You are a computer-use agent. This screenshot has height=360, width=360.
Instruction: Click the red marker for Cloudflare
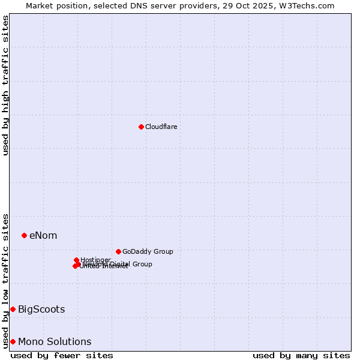point(141,127)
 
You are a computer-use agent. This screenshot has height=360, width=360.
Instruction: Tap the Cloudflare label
point(161,127)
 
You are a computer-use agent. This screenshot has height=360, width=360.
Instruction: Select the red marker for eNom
point(24,235)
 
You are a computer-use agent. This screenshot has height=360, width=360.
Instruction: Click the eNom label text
point(43,235)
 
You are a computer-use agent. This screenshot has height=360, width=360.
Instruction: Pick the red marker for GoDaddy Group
point(118,251)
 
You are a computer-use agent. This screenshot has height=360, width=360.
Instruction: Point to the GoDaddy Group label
point(147,251)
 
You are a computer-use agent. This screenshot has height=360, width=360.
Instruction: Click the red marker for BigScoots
point(13,309)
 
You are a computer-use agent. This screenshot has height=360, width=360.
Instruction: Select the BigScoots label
point(41,310)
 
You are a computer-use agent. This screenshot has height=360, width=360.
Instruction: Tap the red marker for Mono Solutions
point(13,341)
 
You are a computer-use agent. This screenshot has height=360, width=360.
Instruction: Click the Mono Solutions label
point(55,342)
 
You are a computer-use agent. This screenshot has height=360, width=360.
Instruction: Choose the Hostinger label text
point(95,260)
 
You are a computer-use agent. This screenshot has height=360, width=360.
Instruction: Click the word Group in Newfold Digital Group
point(142,264)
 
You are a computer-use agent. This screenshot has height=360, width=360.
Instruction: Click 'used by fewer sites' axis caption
point(62,355)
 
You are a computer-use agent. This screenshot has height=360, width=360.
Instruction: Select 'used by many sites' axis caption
point(301,355)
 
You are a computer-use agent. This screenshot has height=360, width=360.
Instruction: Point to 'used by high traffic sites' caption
point(5,85)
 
